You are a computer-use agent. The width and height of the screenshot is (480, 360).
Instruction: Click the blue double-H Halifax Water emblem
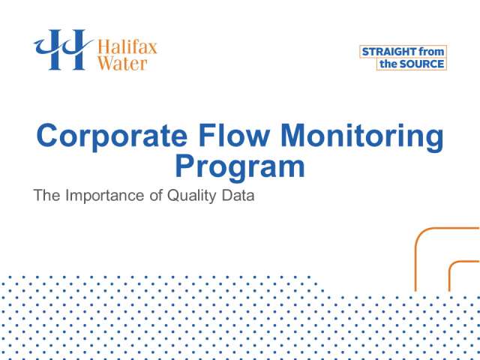pos(63,49)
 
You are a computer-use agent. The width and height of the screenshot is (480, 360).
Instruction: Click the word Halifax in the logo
pos(127,47)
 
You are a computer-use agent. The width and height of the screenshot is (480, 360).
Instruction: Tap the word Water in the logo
pos(122,63)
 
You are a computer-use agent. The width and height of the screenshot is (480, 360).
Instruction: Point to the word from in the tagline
pos(431,52)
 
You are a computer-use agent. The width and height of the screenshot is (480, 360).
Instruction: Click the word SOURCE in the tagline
pos(421,64)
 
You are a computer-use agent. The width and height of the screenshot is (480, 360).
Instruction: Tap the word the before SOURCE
pos(388,64)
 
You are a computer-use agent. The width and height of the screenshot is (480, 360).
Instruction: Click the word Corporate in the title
pos(112,136)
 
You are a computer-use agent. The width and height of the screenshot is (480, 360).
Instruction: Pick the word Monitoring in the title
pos(361,136)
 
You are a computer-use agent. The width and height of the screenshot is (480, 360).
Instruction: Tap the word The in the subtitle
pos(46,195)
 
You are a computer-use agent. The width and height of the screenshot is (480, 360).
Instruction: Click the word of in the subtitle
pos(156,195)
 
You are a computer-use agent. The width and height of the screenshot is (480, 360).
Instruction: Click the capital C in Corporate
pos(47,136)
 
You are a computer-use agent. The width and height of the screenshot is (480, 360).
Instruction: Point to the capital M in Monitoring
pos(293,135)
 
